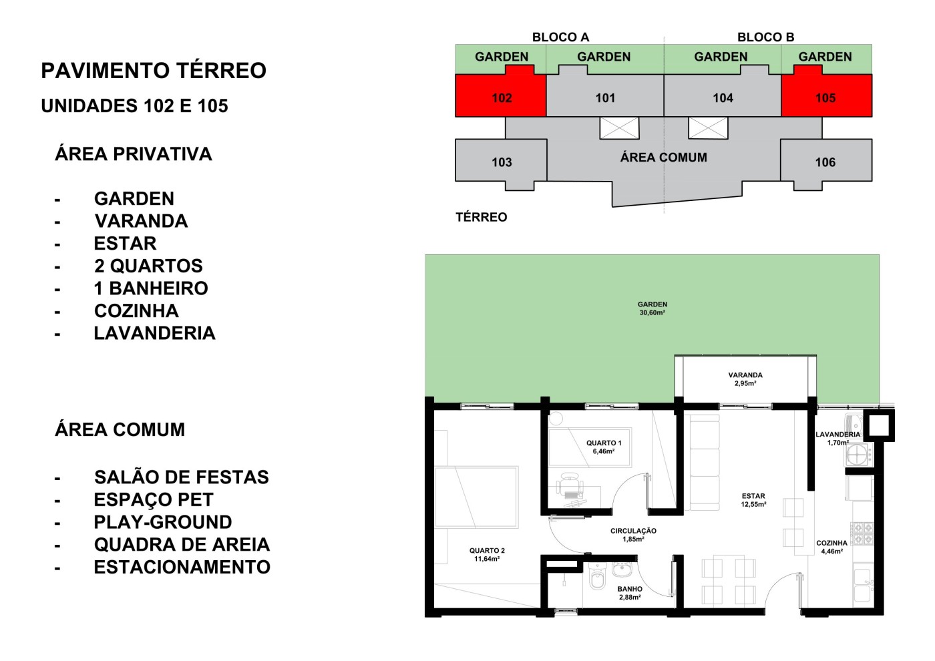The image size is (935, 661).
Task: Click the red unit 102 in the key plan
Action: coord(501,97)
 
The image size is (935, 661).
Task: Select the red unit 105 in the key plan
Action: coord(825,97)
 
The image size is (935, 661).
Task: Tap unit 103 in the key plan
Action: coord(501,162)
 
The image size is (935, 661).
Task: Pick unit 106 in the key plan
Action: coord(825,162)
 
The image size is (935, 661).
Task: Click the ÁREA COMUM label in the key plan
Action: coord(663,158)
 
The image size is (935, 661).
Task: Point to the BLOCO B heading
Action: coord(765,37)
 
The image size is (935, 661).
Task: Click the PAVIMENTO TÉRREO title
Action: coord(154,71)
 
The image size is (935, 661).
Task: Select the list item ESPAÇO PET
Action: coord(154,499)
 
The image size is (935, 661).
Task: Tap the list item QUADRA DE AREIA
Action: coord(182,544)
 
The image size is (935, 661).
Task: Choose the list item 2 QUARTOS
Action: coord(148,266)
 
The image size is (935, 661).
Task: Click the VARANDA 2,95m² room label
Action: coord(745,379)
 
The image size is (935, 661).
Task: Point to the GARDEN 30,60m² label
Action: coord(652,308)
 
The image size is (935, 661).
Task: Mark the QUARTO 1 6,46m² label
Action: coord(604,447)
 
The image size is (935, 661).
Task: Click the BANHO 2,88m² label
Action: coord(630,593)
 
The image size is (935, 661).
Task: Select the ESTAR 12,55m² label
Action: coord(753,500)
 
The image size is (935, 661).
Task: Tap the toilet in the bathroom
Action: coord(598,578)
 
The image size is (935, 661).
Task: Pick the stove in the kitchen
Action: coord(862,533)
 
